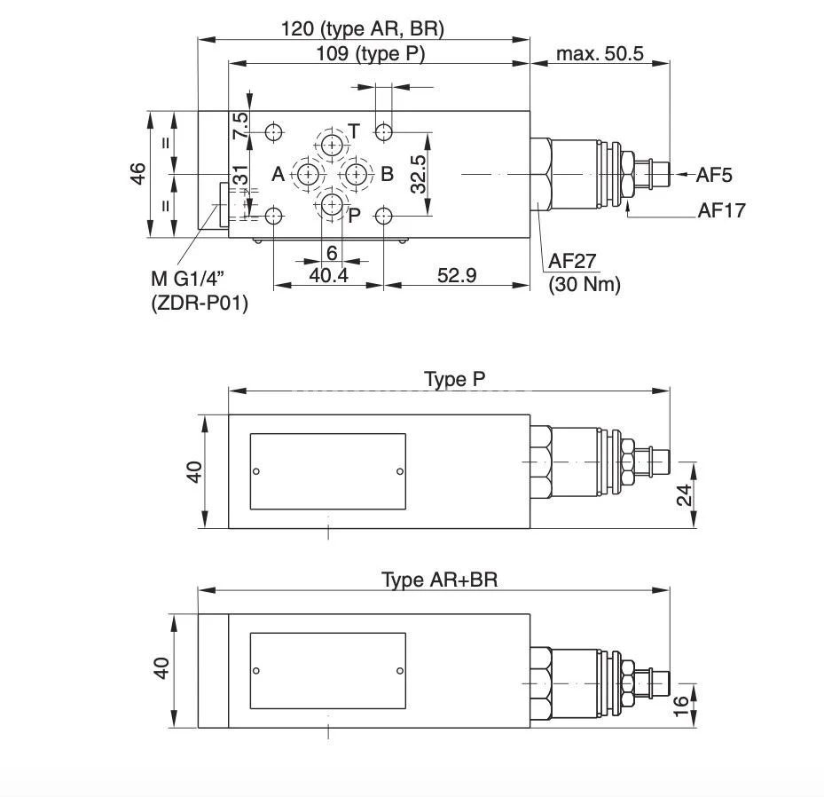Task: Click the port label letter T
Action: (353, 132)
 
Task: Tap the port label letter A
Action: (278, 175)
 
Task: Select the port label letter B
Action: (387, 174)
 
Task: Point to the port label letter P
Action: (353, 216)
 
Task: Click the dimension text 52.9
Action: (456, 275)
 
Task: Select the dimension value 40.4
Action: (328, 275)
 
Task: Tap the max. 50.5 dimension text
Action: (600, 53)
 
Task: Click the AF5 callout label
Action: (713, 175)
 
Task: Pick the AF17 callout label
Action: (721, 210)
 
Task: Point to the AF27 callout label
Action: (572, 261)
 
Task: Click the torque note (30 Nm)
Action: (584, 284)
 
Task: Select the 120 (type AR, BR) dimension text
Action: (362, 28)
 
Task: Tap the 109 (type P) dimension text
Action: (371, 53)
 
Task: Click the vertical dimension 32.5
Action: (419, 174)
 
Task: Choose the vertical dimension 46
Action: (137, 174)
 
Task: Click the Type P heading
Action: (454, 380)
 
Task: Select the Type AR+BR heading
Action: (439, 580)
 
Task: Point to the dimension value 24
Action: (685, 495)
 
